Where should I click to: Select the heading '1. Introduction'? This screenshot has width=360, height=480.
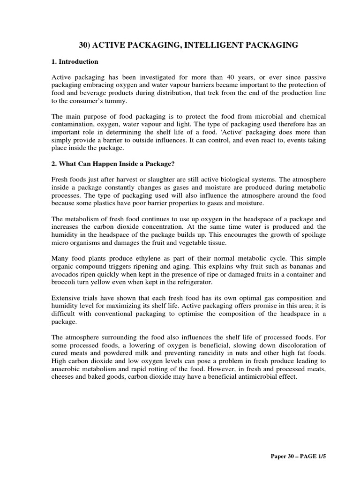pyautogui.click(x=75, y=61)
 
